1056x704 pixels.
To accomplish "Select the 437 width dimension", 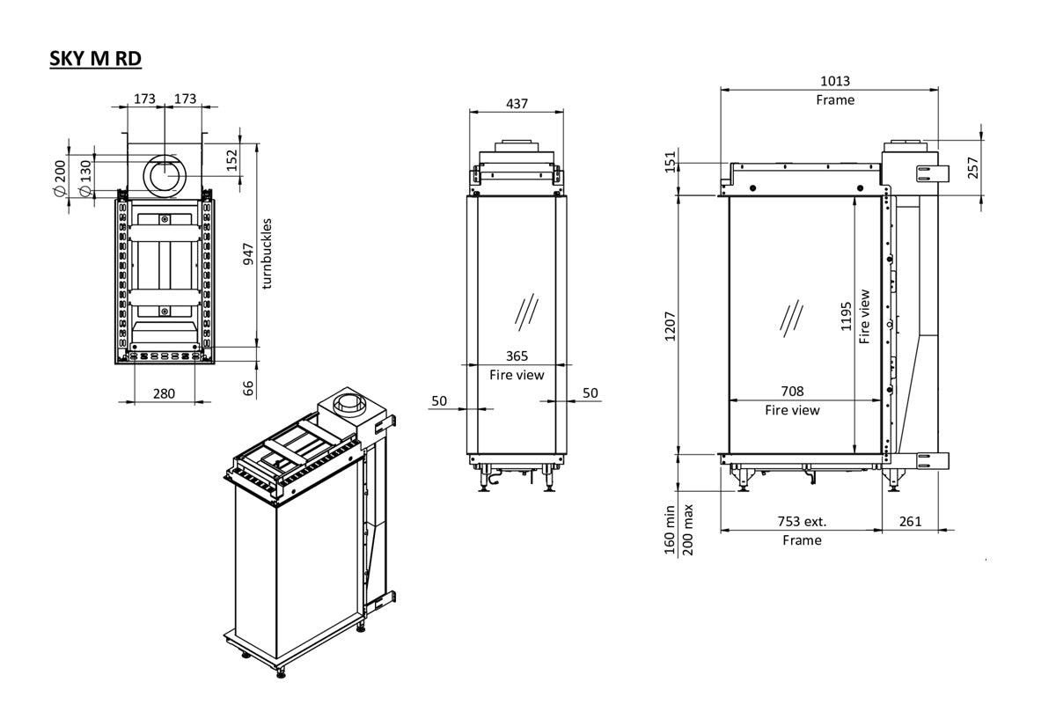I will tap(517, 103).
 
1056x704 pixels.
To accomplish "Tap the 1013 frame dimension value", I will tap(834, 81).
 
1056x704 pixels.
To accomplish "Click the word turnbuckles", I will tap(268, 253).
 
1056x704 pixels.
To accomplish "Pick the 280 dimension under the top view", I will tap(165, 393).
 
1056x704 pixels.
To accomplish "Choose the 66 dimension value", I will tap(249, 388).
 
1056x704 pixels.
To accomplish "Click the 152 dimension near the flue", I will tap(232, 160).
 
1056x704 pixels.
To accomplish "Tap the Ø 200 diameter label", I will tap(60, 179).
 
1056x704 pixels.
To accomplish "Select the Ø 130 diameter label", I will tap(85, 179).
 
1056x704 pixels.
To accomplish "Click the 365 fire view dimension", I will tap(517, 356).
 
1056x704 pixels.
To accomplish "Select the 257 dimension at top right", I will tap(972, 167).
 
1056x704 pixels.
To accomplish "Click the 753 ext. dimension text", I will tap(802, 522).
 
